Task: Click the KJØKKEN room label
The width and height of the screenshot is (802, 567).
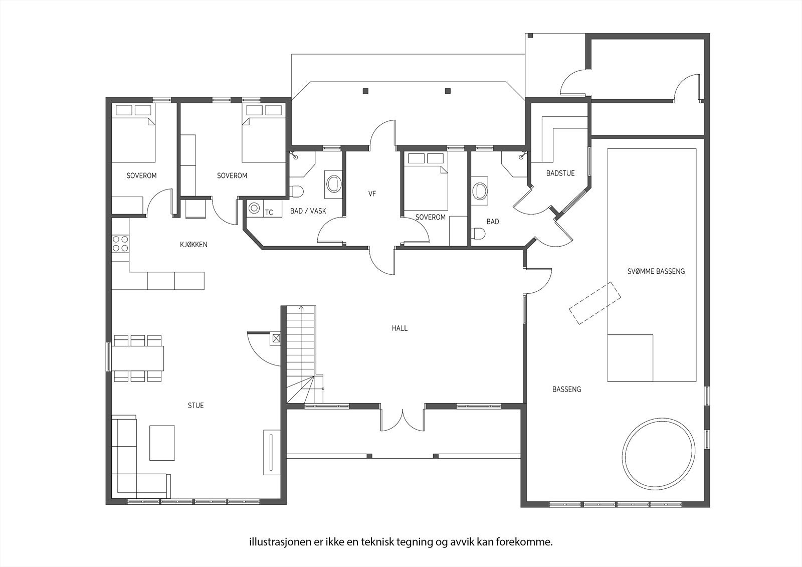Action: [193, 245]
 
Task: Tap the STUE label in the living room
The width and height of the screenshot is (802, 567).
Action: [196, 406]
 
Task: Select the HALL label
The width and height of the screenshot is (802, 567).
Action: [399, 328]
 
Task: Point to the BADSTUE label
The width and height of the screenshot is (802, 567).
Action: [560, 173]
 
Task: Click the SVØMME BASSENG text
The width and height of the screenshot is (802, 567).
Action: [656, 272]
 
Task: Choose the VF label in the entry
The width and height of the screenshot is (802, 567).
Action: [372, 194]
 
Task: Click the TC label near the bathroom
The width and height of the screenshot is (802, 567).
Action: [269, 213]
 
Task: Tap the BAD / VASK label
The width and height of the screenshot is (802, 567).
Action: [308, 211]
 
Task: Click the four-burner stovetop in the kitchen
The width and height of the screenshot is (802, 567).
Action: [120, 244]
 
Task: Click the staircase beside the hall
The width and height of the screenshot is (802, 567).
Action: [301, 354]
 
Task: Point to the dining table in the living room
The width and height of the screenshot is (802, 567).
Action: [138, 358]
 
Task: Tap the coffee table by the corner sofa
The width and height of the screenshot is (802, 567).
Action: [162, 443]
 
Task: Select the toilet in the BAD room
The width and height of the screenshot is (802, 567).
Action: [479, 234]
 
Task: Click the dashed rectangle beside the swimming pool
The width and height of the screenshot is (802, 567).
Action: [595, 303]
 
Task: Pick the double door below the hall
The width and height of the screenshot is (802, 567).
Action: [403, 420]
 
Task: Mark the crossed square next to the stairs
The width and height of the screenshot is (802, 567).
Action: [276, 338]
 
